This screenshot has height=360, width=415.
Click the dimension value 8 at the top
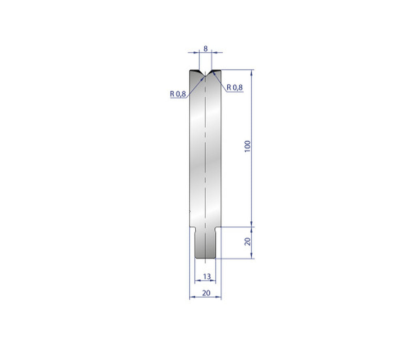click(205, 49)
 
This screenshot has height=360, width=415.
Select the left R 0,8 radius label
click(178, 94)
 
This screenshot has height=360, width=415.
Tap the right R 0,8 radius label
click(235, 87)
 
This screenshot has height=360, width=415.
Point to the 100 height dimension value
click(248, 146)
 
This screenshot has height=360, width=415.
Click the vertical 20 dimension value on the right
click(248, 242)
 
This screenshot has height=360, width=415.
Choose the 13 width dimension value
click(206, 276)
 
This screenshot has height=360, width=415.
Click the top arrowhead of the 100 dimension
click(252, 72)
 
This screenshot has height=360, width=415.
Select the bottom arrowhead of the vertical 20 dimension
click(252, 256)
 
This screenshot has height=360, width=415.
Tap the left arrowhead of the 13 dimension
click(197, 281)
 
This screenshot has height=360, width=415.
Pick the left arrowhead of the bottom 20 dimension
click(192, 297)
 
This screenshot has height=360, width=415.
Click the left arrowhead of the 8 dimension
click(197, 52)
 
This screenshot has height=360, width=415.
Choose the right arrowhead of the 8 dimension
click(214, 52)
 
